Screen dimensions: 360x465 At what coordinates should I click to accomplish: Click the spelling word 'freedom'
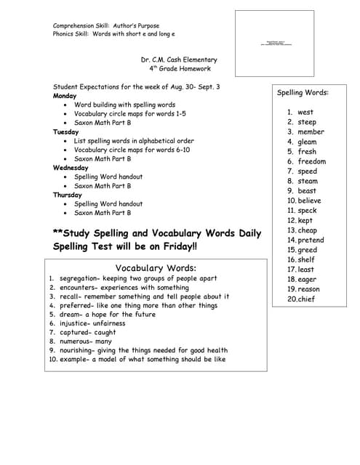tap(311, 161)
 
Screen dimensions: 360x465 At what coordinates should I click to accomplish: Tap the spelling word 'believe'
tap(309, 201)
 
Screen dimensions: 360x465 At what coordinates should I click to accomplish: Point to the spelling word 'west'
tap(305, 113)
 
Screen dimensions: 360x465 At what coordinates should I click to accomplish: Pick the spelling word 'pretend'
tap(311, 240)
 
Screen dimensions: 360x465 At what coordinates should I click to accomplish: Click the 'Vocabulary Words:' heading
tap(156, 267)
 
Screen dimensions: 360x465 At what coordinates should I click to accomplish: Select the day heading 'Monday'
tap(65, 96)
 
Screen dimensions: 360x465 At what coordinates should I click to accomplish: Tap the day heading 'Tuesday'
tap(65, 132)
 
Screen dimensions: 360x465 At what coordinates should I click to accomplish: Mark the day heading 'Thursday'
tap(67, 195)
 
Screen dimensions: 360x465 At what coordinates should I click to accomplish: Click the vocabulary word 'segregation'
tap(81, 278)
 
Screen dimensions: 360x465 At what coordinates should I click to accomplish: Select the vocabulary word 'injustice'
tap(76, 323)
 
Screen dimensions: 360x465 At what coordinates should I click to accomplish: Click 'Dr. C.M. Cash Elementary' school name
tap(179, 60)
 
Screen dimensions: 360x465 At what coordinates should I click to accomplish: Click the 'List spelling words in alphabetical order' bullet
tap(134, 141)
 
